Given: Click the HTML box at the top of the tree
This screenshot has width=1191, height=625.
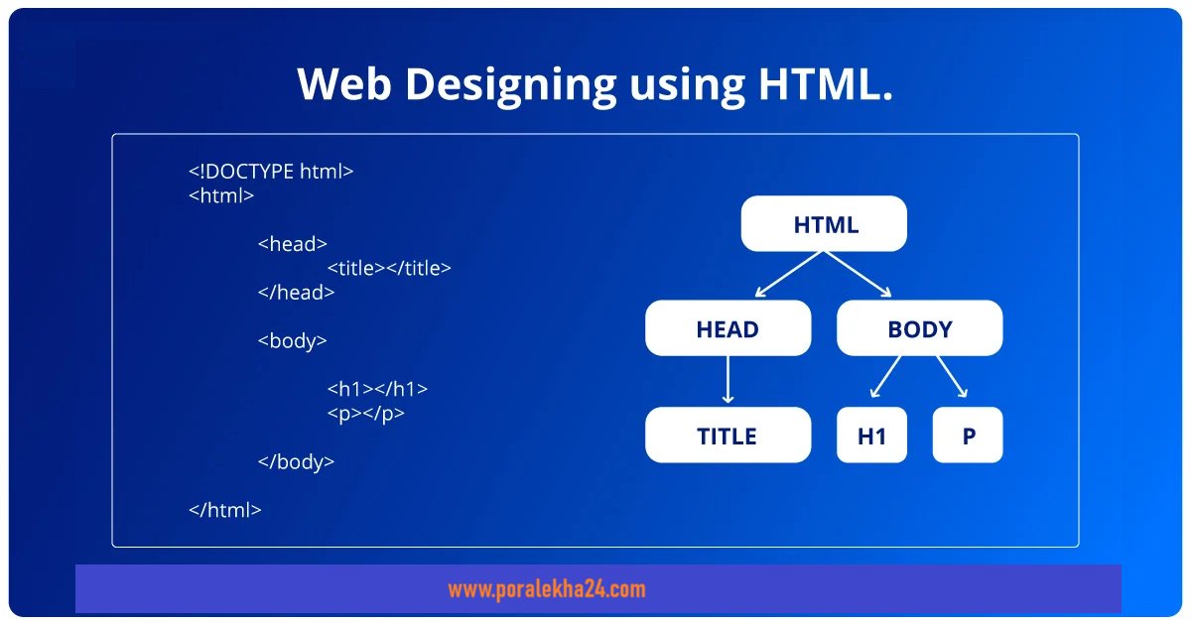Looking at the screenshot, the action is [x=824, y=224].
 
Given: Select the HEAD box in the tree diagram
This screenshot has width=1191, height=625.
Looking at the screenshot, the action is [x=728, y=328].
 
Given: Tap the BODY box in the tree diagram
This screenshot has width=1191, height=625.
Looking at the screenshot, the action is [x=920, y=328].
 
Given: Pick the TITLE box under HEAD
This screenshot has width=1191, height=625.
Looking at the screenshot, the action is [x=728, y=435].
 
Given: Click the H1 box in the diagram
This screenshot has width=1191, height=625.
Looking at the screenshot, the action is [x=872, y=435].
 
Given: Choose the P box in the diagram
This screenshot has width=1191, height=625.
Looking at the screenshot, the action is [x=968, y=435].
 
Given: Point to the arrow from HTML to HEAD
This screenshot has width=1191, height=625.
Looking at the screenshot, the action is [x=789, y=274].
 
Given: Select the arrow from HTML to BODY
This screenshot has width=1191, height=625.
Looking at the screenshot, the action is [x=858, y=274].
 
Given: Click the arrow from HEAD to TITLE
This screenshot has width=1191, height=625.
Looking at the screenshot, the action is [x=728, y=379].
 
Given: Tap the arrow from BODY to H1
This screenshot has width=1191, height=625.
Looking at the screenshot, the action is [x=885, y=377].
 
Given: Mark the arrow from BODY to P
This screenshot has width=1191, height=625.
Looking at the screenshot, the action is [x=952, y=377].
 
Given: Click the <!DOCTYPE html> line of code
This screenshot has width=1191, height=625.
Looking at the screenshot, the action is [x=271, y=171].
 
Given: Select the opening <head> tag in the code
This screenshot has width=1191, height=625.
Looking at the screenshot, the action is [x=293, y=244].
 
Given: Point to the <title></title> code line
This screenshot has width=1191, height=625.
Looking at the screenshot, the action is [x=389, y=268].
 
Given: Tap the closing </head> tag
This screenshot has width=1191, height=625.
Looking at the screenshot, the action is [x=296, y=293].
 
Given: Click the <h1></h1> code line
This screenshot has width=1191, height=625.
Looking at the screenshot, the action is [x=377, y=389].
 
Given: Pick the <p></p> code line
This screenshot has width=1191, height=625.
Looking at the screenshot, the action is [x=366, y=414].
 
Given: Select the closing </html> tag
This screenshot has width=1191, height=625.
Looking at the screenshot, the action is [x=225, y=510].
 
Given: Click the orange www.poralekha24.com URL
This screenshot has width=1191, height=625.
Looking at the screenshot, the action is [x=547, y=589].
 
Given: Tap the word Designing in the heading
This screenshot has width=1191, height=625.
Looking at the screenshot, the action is [x=510, y=85].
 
